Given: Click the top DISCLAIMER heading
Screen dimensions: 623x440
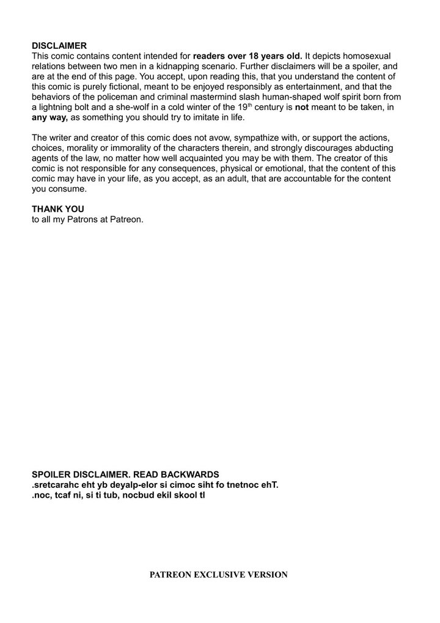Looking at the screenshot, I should click(x=59, y=45).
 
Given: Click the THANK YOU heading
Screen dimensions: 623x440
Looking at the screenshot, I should click(x=58, y=208).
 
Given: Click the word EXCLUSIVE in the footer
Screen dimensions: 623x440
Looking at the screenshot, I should click(x=220, y=575).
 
